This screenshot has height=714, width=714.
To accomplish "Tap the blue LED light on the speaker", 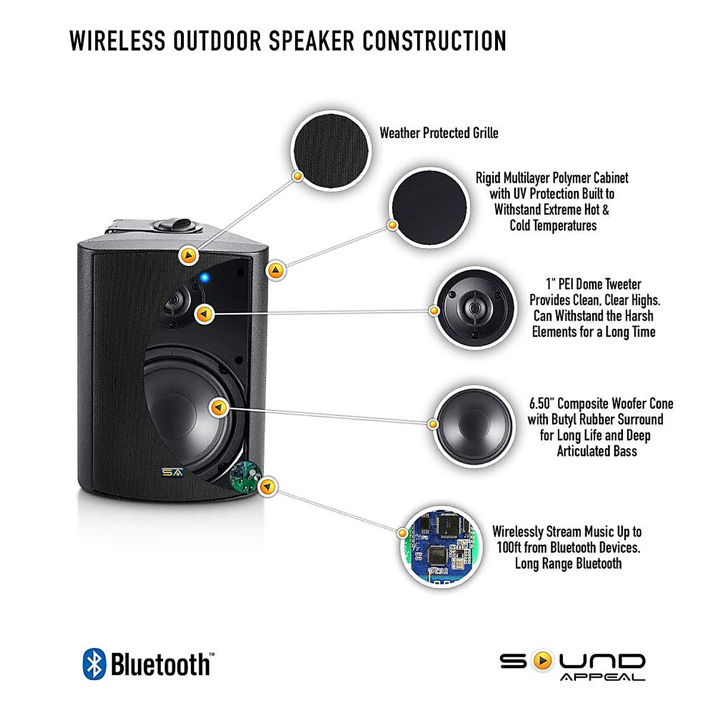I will pos(203,277).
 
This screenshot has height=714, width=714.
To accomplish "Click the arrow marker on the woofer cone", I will pos(219,408).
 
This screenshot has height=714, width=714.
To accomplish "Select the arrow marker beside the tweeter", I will pos(205,314).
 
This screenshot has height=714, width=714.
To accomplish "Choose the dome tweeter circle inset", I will pos(474,308).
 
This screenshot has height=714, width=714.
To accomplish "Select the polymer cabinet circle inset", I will pos(429,207).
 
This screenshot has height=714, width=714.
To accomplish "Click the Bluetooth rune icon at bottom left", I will pos(94,664).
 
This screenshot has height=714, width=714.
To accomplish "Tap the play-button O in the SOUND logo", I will pos(542,661).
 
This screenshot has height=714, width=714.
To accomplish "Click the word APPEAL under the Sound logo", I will pos(602,677).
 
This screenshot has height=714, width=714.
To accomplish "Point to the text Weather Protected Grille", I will pos(439,133).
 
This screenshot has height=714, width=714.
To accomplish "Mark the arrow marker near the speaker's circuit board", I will pos(269,487).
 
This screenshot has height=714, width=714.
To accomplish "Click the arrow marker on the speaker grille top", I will pos(189,256).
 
